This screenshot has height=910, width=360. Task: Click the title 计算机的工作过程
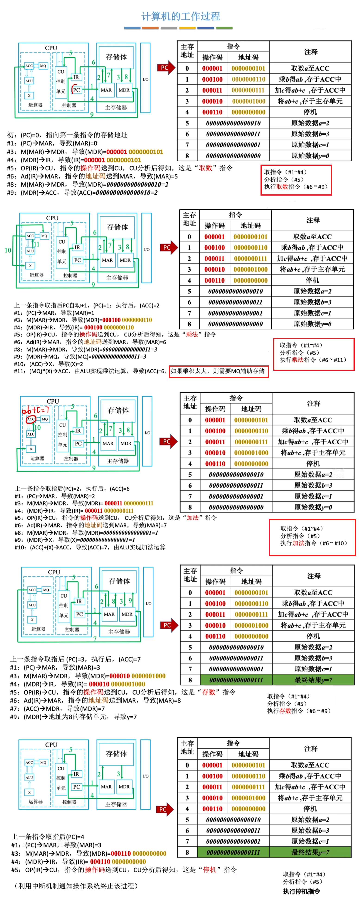click(x=180, y=16)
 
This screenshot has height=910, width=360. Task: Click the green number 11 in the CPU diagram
click(x=36, y=244)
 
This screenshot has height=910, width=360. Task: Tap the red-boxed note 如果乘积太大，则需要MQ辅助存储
click(x=218, y=371)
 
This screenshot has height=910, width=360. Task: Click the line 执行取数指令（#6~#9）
click(x=296, y=187)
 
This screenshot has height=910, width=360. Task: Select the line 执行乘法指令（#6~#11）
click(x=313, y=360)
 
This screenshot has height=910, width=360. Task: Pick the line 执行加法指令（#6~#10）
click(x=313, y=543)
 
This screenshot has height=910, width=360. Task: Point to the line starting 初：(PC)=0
click(x=67, y=135)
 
